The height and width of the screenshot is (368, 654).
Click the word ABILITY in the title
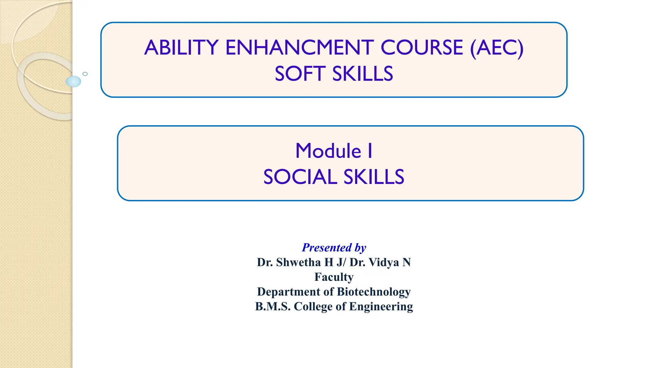181,48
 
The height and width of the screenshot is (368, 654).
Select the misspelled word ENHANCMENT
300,48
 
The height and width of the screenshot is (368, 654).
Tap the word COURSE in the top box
422,48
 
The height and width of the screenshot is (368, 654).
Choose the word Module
328,151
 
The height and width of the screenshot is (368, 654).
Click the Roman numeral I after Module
370,151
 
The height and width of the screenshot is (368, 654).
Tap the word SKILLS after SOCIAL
374,177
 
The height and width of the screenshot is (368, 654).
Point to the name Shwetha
298,262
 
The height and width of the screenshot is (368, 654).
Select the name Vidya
384,262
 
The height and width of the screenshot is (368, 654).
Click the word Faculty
334,277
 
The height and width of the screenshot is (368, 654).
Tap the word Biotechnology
374,292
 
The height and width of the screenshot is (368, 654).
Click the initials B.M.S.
273,306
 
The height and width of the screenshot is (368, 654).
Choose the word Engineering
381,306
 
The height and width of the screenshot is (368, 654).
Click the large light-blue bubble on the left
73,81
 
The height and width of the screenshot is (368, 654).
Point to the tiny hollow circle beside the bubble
85,74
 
